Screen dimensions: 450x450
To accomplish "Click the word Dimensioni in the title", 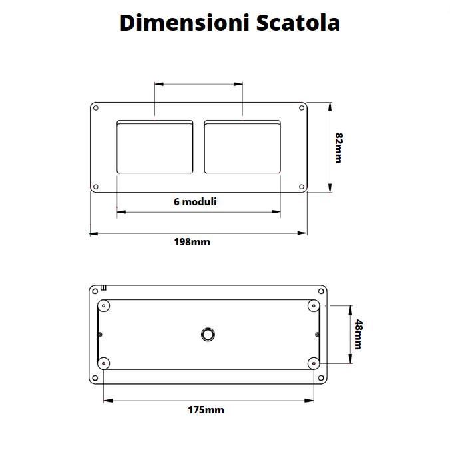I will (184, 23).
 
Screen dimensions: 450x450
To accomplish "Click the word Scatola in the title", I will (297, 23).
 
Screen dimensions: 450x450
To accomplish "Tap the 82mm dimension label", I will (339, 148).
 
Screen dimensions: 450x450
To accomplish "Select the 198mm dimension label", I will (192, 242).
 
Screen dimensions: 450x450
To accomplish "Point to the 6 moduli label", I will (195, 201).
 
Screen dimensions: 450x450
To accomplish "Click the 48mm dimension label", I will (358, 334).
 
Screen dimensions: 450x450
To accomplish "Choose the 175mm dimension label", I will (206, 409).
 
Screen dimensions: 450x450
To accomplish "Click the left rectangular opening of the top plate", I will (155, 147).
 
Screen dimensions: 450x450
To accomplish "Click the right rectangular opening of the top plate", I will (242, 147).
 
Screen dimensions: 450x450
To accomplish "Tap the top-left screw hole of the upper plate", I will (96, 108).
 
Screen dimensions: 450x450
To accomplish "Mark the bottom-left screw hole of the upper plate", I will (96, 187).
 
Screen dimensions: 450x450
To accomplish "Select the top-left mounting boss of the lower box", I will (104, 305).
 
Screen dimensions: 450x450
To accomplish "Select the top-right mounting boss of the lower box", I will (314, 305).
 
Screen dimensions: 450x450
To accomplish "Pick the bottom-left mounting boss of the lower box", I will (104, 363).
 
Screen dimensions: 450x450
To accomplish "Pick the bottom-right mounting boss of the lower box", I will (314, 363).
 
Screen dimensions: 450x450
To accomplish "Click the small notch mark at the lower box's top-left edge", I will (103, 288).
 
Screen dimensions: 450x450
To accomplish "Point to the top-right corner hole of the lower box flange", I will (323, 291).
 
